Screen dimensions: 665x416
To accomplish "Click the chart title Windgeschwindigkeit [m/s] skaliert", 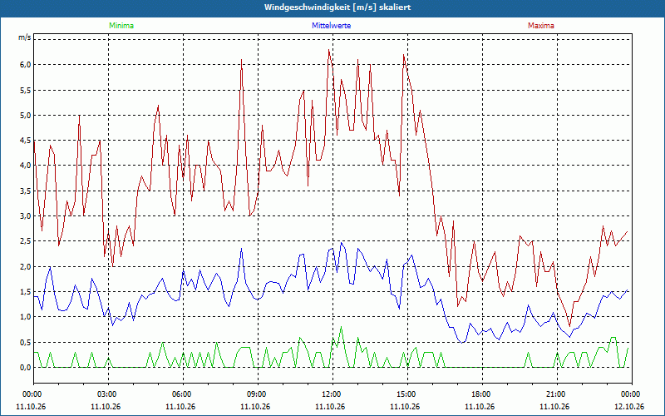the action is [x=337, y=7].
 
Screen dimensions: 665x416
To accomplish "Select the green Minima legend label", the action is [x=121, y=26].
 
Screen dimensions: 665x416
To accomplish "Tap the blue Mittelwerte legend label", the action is [x=331, y=26].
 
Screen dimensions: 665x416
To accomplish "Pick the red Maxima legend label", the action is [x=541, y=26].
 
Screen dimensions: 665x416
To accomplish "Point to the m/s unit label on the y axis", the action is [x=25, y=37].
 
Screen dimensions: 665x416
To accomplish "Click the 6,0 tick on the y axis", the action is [x=25, y=65].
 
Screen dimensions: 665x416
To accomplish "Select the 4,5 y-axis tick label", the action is [x=25, y=141].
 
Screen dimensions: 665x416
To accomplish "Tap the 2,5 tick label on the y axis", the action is [x=25, y=241].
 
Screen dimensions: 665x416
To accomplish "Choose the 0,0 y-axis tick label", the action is [x=25, y=368].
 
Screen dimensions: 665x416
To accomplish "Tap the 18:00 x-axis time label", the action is [x=482, y=394].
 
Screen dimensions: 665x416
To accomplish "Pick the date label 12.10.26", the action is [x=629, y=407].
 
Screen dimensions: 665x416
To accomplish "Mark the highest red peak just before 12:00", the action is [x=328, y=50].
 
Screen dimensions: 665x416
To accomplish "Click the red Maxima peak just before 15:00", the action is [x=403, y=54].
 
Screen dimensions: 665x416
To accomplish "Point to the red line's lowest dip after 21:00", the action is [x=569, y=326].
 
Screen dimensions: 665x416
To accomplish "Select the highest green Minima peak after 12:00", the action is [x=341, y=327].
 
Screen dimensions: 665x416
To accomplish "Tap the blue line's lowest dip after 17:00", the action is [x=462, y=343].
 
